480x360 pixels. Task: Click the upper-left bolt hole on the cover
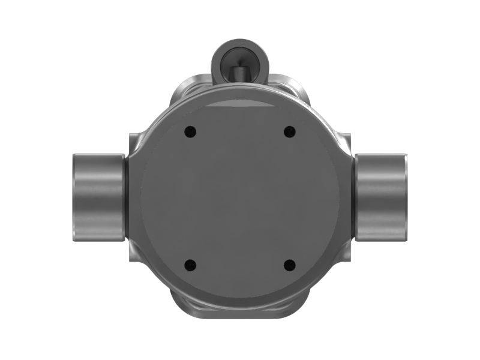[190, 131]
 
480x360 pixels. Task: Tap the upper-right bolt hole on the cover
[290, 131]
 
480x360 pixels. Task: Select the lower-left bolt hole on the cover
[190, 264]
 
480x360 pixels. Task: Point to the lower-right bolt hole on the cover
[290, 264]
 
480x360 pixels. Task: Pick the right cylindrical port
[381, 196]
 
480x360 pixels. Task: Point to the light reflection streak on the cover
[240, 106]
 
